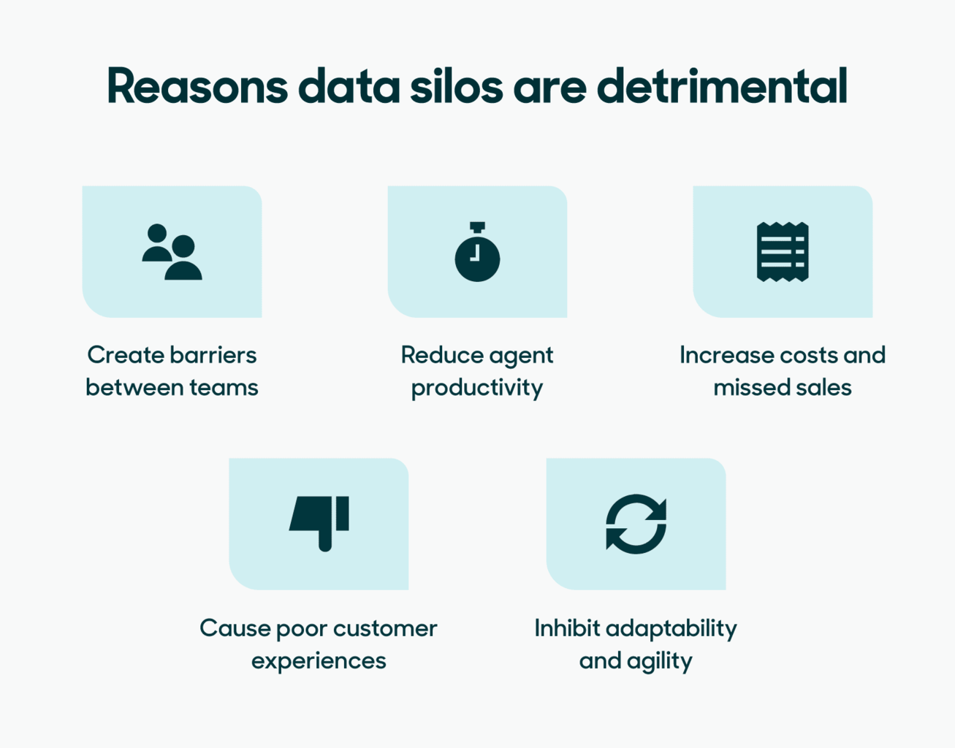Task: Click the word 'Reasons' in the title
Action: click(197, 86)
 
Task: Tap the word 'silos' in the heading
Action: click(456, 86)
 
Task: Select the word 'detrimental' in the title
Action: click(722, 86)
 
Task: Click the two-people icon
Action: click(172, 252)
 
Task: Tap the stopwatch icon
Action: click(477, 253)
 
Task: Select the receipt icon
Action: click(783, 252)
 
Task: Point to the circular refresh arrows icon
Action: click(636, 524)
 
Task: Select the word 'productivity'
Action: click(477, 388)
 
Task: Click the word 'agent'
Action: click(521, 356)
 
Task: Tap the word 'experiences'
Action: click(319, 661)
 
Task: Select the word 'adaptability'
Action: click(671, 629)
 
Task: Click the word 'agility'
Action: click(660, 661)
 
